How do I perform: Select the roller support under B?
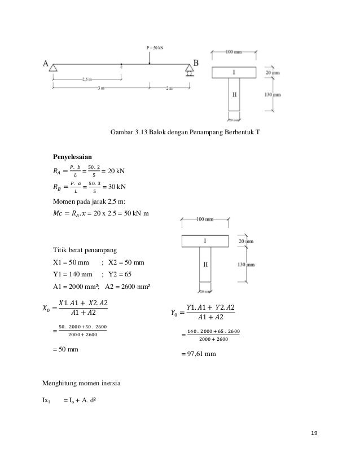coord(190,71)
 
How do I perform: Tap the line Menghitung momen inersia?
coord(80,384)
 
